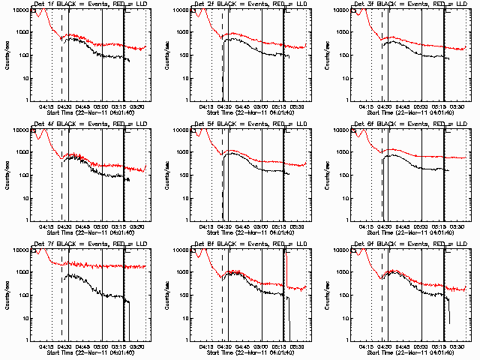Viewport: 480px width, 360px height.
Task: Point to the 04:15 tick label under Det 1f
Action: point(46,106)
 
